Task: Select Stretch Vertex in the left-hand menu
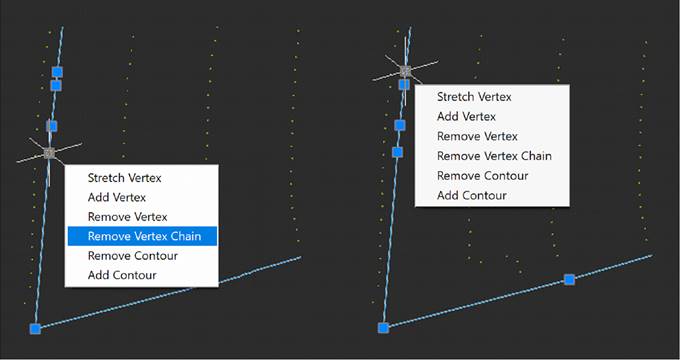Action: coord(124,178)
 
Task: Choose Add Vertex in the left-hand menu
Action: coord(117,197)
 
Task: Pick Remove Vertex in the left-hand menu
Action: coord(127,217)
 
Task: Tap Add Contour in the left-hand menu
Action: coord(122,275)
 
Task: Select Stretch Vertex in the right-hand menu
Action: coord(474,97)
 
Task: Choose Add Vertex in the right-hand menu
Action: coord(467,117)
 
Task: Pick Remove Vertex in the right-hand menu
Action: coord(477,136)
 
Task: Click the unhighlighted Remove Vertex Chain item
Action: coord(494,156)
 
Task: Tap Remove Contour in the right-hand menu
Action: coord(482,175)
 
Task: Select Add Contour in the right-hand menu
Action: coord(472,195)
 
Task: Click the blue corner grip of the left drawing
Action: coord(35,328)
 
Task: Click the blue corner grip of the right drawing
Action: coord(383,327)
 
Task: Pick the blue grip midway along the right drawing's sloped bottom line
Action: coord(569,279)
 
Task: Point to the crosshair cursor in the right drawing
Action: coord(405,70)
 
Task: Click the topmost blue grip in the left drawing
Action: coord(57,72)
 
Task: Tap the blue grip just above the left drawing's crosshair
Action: coord(52,126)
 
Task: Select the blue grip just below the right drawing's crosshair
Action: coord(403,85)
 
